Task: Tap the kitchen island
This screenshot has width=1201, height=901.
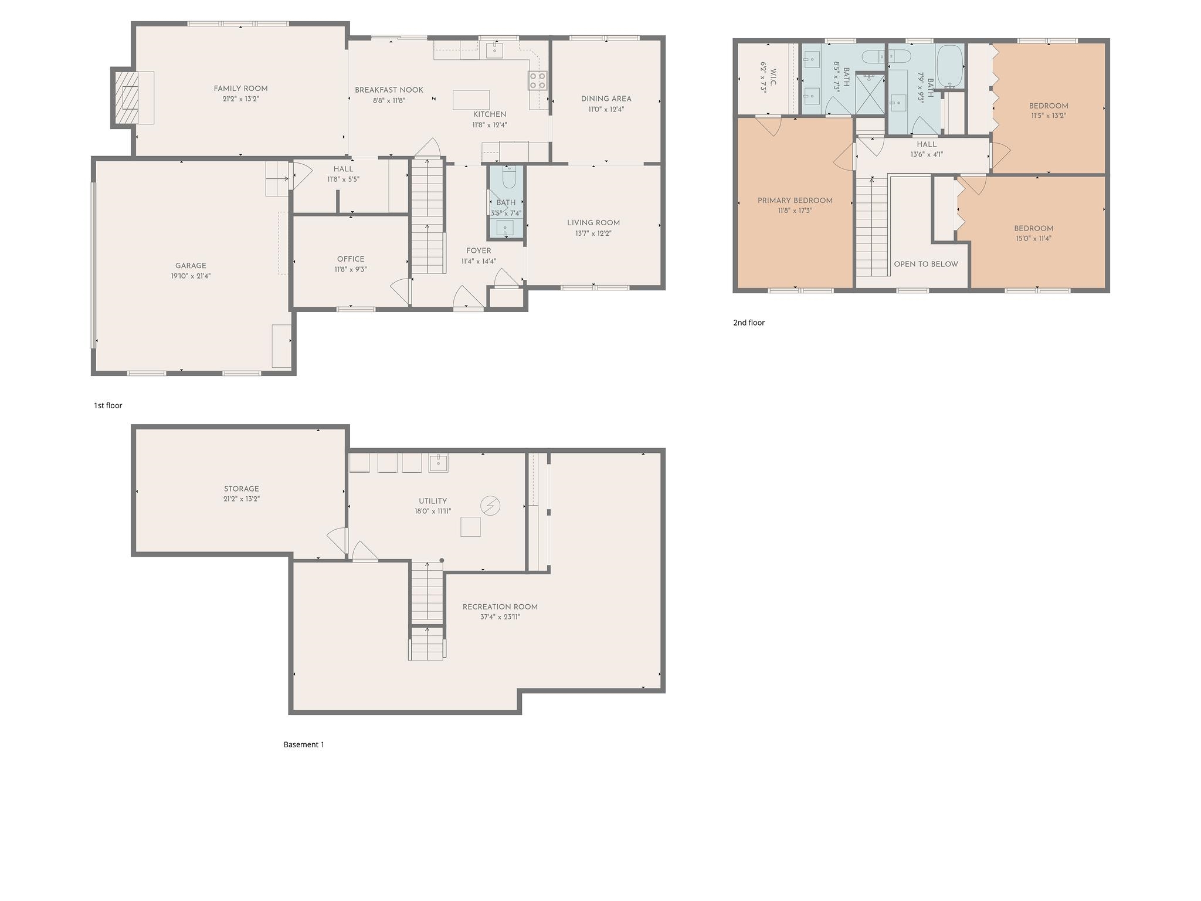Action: pyautogui.click(x=471, y=100)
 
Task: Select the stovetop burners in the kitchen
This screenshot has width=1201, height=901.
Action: pyautogui.click(x=538, y=80)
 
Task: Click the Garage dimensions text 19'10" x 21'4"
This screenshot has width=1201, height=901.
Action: pyautogui.click(x=191, y=276)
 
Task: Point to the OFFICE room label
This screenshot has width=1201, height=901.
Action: pyautogui.click(x=351, y=259)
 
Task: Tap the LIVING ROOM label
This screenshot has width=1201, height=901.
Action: pyautogui.click(x=593, y=223)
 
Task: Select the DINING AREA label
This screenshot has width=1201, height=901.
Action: pyautogui.click(x=606, y=99)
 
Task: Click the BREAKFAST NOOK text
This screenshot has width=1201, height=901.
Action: pyautogui.click(x=389, y=90)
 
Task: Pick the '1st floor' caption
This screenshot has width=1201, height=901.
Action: pyautogui.click(x=108, y=405)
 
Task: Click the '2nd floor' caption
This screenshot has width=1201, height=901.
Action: pyautogui.click(x=749, y=322)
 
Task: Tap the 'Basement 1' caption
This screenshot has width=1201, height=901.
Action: pyautogui.click(x=304, y=744)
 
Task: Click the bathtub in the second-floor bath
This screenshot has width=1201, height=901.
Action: pyautogui.click(x=949, y=66)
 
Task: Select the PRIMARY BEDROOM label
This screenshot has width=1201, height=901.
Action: pyautogui.click(x=795, y=201)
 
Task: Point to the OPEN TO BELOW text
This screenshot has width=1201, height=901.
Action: pyautogui.click(x=926, y=264)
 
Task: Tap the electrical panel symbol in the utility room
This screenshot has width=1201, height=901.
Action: pyautogui.click(x=490, y=506)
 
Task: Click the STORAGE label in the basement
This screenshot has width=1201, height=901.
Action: pyautogui.click(x=241, y=489)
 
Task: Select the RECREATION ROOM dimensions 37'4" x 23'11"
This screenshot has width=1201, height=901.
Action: pyautogui.click(x=500, y=617)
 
